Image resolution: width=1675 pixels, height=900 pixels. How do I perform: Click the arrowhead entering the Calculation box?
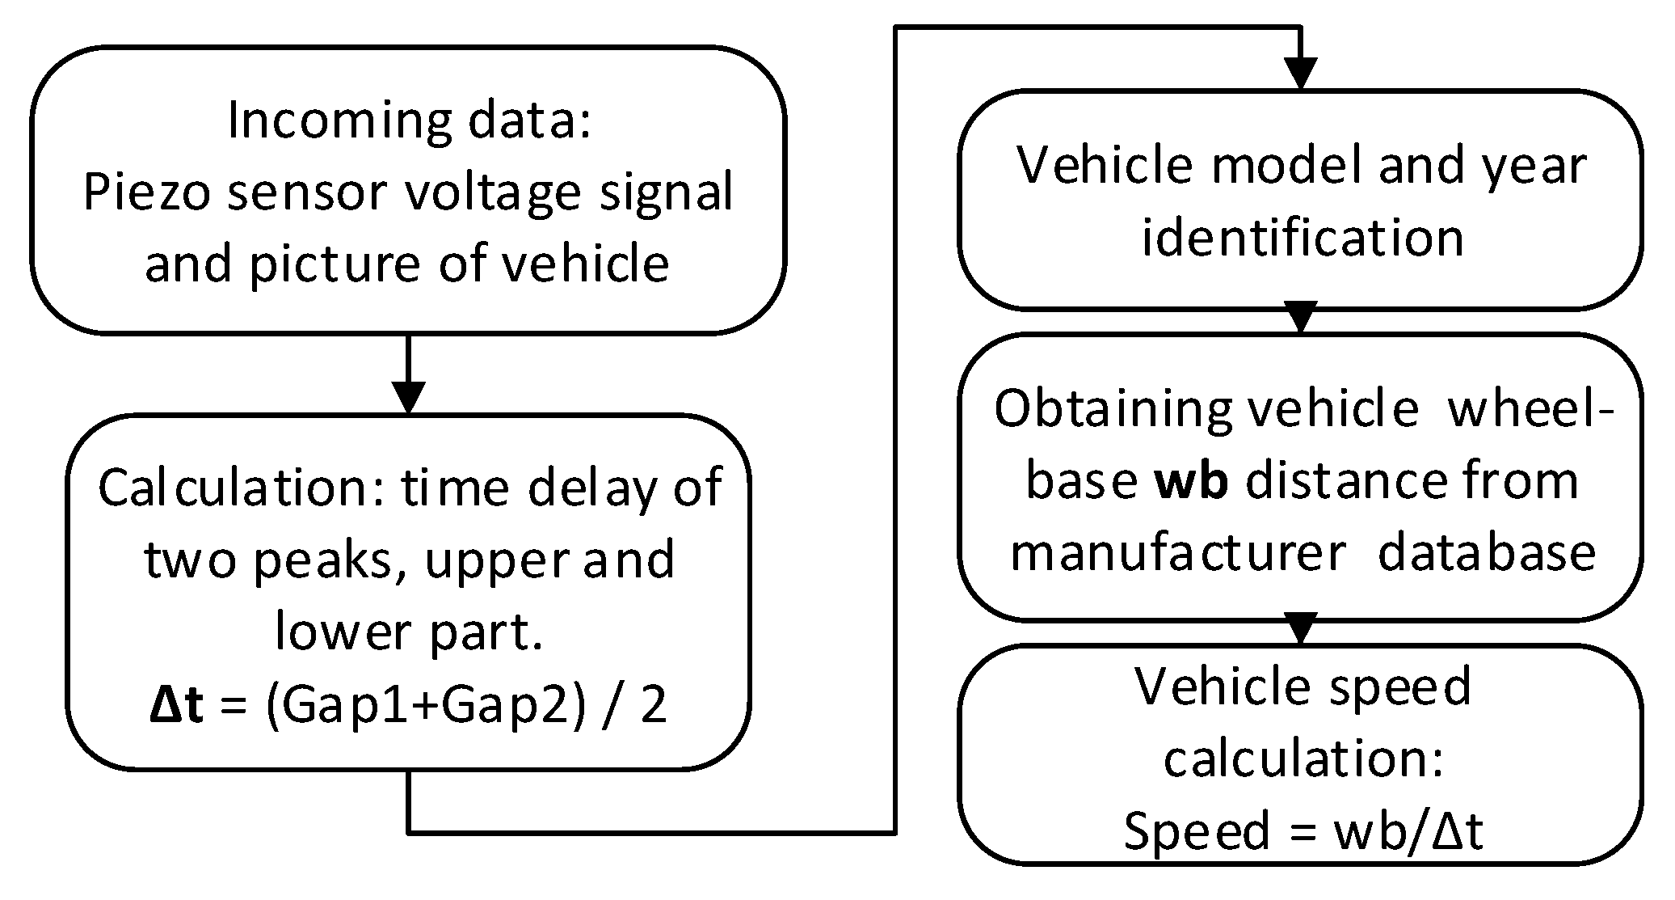click(408, 397)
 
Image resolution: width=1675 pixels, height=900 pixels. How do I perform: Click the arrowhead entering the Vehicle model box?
click(1300, 74)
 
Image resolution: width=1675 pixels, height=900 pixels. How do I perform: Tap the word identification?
click(1302, 239)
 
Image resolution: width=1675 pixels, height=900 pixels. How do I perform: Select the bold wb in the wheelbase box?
click(1192, 482)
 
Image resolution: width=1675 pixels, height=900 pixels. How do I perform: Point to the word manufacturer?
click(1178, 554)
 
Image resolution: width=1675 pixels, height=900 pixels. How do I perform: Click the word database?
click(1486, 554)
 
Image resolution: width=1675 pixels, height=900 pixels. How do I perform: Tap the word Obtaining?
click(1112, 409)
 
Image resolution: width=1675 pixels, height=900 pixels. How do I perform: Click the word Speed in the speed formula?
click(1196, 831)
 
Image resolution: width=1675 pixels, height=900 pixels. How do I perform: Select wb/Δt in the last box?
click(1408, 831)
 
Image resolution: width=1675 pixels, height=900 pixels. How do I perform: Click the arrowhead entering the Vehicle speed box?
click(1300, 628)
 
